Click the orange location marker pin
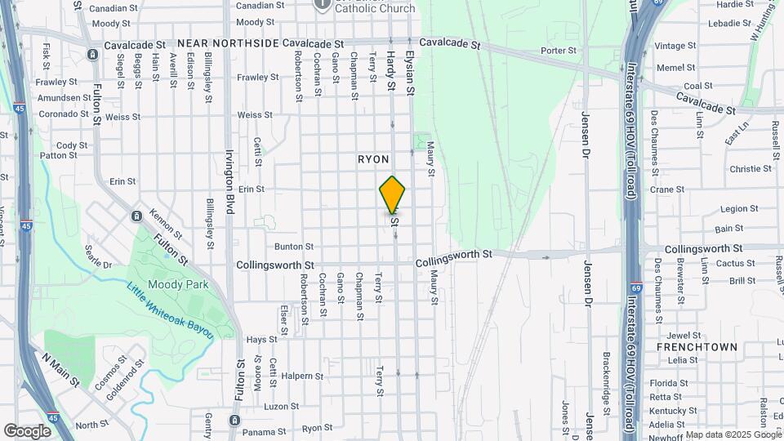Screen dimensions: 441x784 coord(393,194)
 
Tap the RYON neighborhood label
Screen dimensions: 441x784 coord(373,159)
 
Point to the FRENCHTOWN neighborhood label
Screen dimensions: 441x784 coord(697,347)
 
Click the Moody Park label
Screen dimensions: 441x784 coord(185,284)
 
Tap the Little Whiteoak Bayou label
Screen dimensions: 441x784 coord(170,311)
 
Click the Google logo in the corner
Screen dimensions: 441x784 coord(27,431)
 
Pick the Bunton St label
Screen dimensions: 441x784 coord(294,246)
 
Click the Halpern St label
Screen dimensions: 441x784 coord(304,376)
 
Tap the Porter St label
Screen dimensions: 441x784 coord(559,51)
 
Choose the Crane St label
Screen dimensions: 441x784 coord(667,189)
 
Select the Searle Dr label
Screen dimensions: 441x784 coord(98,257)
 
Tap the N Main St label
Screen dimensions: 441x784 coord(62,369)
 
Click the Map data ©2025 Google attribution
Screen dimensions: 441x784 coord(733,434)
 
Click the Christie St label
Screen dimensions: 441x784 coord(751,169)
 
